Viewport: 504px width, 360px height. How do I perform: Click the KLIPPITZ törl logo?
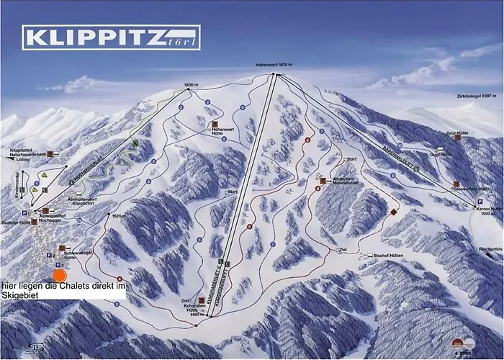pos(112,37)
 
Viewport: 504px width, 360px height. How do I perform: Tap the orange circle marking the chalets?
pos(60,274)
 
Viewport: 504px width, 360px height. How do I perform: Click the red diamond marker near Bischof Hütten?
pos(392,213)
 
